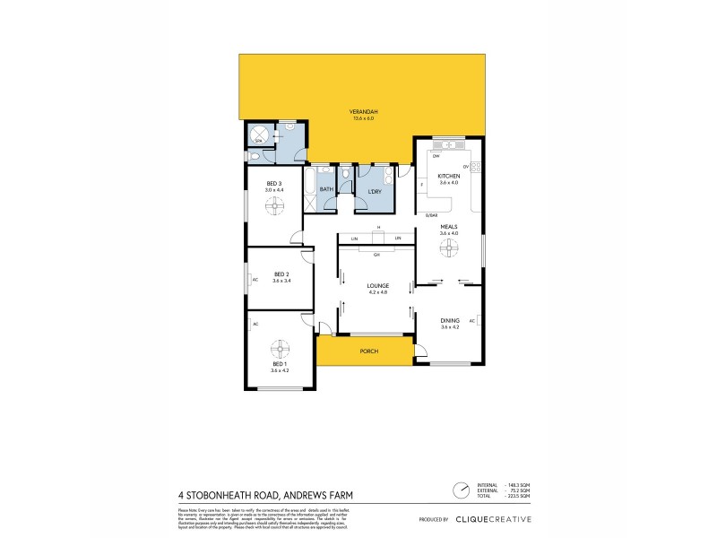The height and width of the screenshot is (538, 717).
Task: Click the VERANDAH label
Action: click(x=362, y=111)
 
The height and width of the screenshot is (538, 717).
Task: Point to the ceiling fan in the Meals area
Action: click(x=449, y=252)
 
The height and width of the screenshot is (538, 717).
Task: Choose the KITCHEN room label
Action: click(x=449, y=176)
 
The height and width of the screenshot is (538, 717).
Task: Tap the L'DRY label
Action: click(x=376, y=192)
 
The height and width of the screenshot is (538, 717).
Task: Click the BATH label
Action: click(x=326, y=189)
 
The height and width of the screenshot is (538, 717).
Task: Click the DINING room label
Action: click(x=449, y=320)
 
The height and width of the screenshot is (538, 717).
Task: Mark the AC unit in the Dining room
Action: click(x=481, y=320)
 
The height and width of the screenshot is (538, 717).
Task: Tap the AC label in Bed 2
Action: click(x=255, y=279)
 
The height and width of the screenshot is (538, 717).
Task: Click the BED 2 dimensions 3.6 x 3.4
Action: click(x=281, y=281)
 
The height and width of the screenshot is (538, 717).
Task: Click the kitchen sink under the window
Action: click(x=445, y=145)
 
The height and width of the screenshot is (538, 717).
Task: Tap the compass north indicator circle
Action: click(x=460, y=490)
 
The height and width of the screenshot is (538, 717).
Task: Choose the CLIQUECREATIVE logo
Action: click(x=493, y=519)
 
